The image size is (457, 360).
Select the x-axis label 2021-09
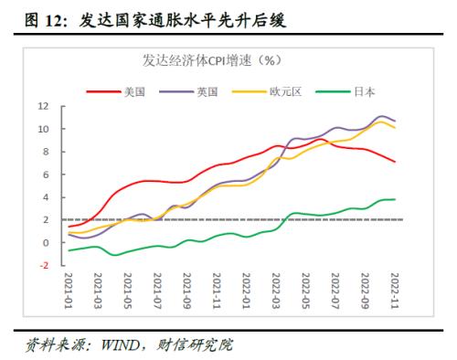pos(187,291)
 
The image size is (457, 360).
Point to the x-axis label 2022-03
pos(276,291)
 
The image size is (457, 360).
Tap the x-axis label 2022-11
pos(394,291)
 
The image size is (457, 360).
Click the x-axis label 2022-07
pos(335,291)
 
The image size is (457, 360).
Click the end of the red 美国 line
pos(395,162)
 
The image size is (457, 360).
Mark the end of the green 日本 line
pos(395,199)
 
